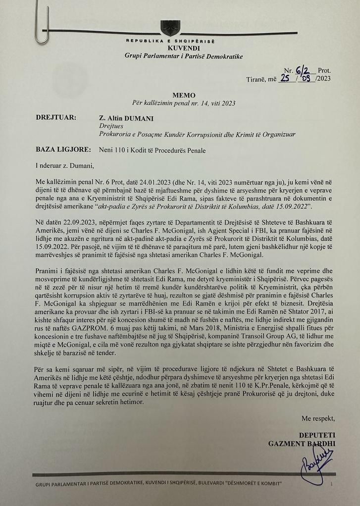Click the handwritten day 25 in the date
click(x=285, y=79)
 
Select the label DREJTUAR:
click(x=56, y=118)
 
